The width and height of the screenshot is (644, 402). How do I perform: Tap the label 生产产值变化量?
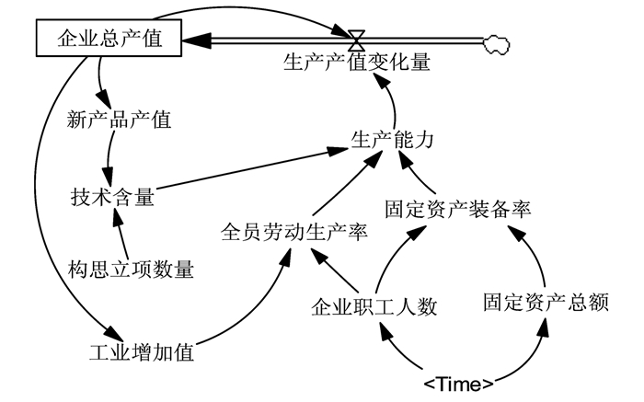coord(356,63)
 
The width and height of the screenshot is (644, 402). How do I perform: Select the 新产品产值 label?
coord(120,119)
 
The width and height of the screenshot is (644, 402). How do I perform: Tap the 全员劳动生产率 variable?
coord(293,231)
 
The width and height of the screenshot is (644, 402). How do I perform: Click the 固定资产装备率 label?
coord(457,208)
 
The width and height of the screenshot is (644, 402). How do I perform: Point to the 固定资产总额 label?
coord(546,302)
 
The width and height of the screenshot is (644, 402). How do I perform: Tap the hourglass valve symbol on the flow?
coord(357,40)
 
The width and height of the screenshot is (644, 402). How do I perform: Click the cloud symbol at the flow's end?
coord(496,40)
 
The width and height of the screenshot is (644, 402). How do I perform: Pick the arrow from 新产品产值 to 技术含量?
coord(109,158)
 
